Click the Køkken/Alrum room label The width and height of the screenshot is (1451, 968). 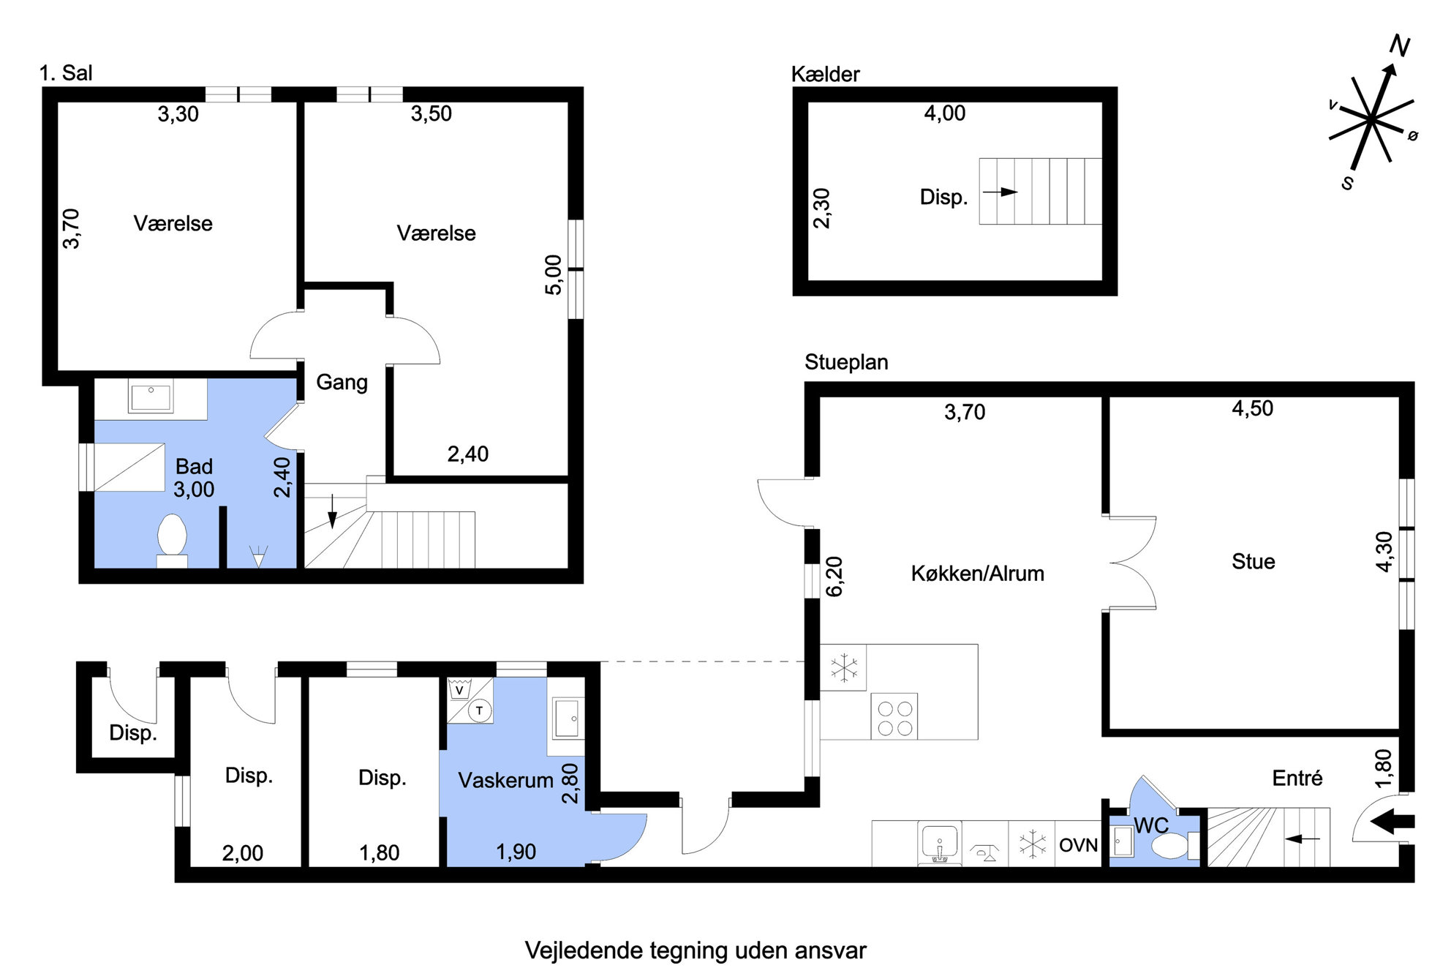(x=977, y=574)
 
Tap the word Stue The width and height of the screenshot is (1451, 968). (x=1253, y=562)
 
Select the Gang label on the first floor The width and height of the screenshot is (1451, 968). (x=342, y=383)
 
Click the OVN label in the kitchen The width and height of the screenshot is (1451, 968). (x=1078, y=846)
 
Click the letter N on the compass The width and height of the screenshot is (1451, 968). (x=1399, y=45)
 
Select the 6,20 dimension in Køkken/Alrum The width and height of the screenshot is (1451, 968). (x=834, y=577)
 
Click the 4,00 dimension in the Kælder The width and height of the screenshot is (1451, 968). (x=944, y=113)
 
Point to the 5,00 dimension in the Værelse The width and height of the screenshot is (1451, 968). (x=554, y=275)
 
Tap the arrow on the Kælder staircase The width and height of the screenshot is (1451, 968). (x=1000, y=192)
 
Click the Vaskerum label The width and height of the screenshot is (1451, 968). (x=505, y=781)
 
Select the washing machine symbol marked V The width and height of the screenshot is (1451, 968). (x=459, y=690)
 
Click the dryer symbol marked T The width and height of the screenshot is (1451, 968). (x=480, y=710)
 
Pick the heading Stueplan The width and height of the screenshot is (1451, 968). (x=846, y=363)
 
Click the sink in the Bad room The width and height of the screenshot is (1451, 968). (x=151, y=397)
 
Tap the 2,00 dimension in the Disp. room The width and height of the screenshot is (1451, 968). (x=242, y=853)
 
